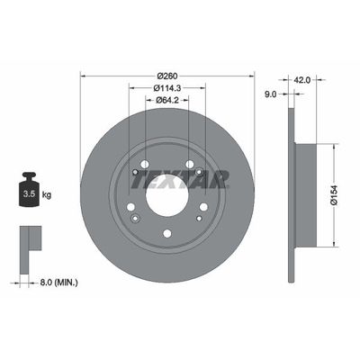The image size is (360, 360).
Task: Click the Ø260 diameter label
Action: click(x=167, y=75)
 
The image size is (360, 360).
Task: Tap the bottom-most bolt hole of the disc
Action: click(x=167, y=237)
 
